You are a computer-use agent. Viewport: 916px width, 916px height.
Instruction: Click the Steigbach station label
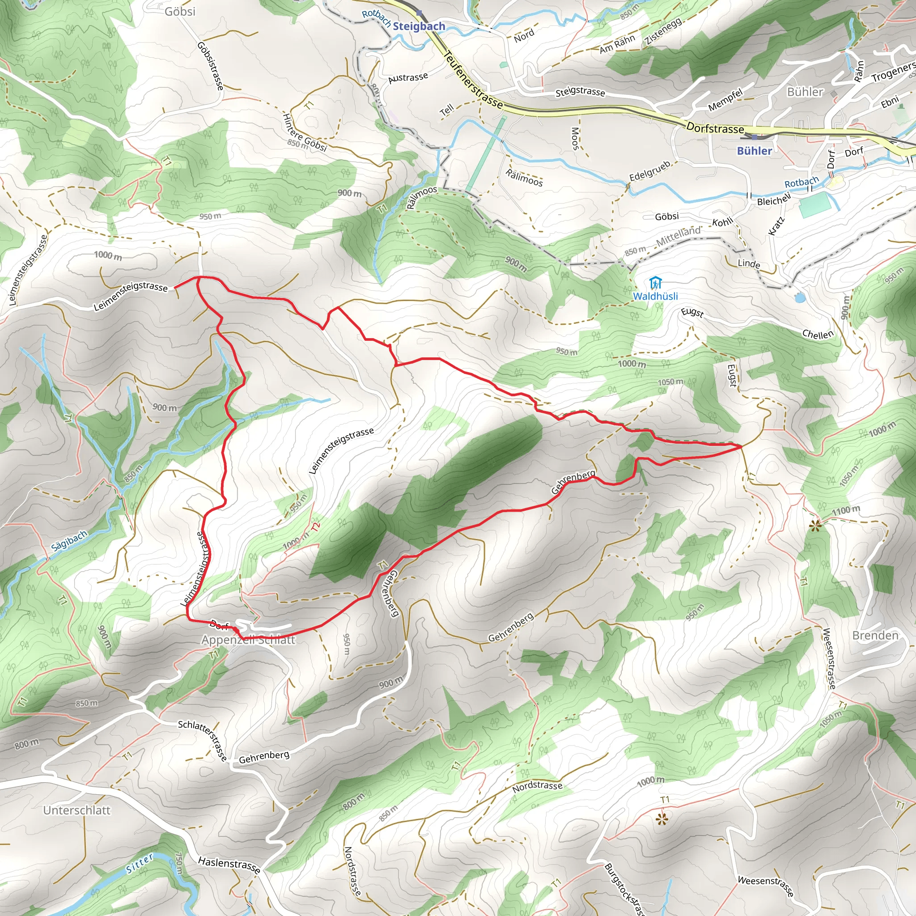coord(419,26)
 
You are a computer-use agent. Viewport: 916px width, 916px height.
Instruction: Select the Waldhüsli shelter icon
coord(655,283)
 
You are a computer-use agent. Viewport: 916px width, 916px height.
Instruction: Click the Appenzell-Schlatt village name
coord(248,640)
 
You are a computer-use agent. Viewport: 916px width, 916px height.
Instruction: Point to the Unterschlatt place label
coord(77,810)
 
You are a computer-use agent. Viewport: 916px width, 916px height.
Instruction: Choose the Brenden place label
coord(875,635)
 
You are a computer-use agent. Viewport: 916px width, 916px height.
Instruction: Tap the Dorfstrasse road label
coord(715,128)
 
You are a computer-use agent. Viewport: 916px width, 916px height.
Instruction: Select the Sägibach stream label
coord(69,540)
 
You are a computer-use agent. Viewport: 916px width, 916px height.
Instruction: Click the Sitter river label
coord(140,863)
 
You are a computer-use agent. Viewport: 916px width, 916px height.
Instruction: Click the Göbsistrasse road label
coord(210,66)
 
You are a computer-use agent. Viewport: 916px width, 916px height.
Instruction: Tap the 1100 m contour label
coord(846,510)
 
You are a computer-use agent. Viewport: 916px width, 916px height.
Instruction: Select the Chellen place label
coord(818,334)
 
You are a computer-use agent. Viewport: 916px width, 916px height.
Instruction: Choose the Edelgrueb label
coord(649,171)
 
